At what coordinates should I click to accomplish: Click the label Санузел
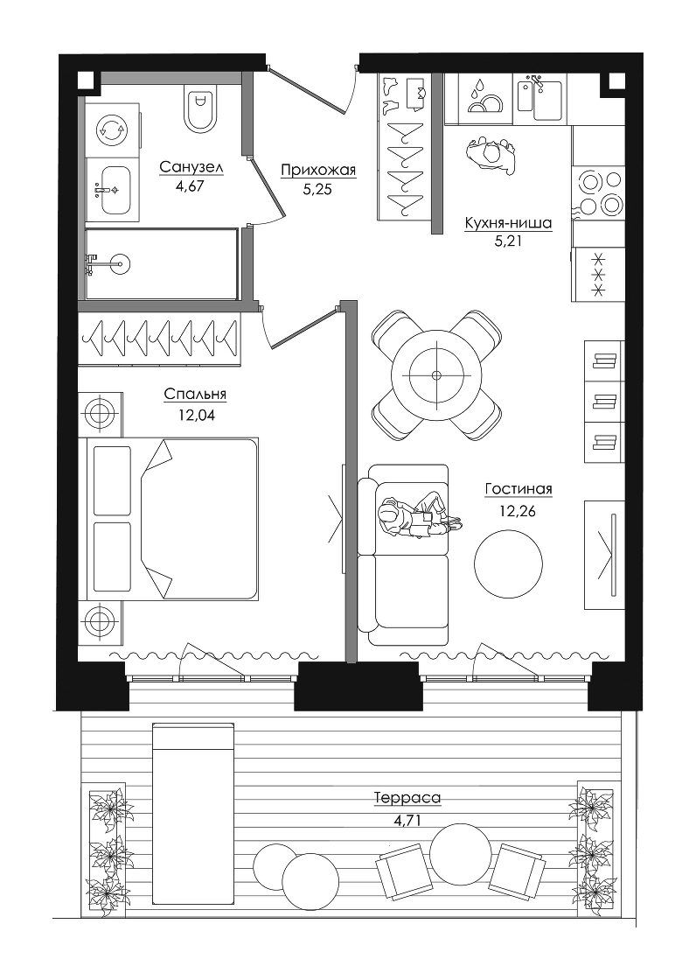[x=191, y=167]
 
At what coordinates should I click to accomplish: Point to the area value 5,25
[x=317, y=189]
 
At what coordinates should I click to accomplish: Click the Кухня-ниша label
[x=508, y=223]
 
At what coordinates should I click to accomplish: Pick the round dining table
[x=436, y=375]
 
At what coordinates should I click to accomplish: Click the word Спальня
[x=195, y=395]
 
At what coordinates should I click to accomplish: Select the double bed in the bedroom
[x=170, y=520]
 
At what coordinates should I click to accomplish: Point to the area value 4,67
[x=190, y=187]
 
